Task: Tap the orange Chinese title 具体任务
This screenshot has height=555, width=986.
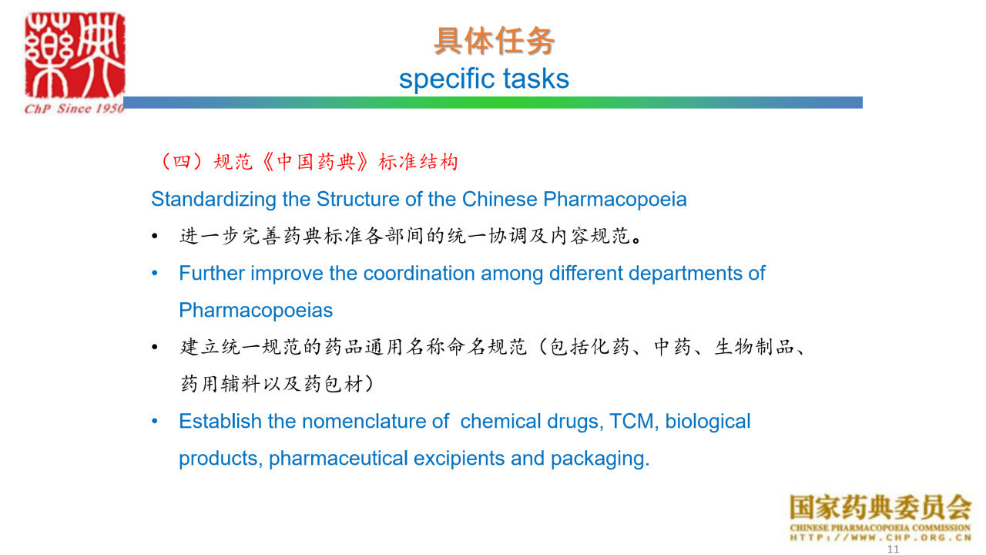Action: (x=494, y=41)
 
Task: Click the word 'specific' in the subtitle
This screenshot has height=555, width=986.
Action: (x=448, y=79)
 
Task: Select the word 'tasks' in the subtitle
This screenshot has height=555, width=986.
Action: (x=536, y=79)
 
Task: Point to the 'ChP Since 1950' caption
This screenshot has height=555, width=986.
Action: (x=74, y=109)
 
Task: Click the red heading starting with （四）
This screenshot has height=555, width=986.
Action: (x=310, y=162)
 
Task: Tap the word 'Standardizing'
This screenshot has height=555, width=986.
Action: (x=214, y=199)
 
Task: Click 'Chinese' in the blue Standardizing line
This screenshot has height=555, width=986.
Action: (x=500, y=199)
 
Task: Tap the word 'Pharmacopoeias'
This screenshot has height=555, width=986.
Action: (x=256, y=310)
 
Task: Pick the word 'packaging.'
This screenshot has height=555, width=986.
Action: (x=600, y=459)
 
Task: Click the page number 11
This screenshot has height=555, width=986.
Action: (x=893, y=549)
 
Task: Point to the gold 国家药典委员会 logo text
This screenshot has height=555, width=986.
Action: (x=880, y=508)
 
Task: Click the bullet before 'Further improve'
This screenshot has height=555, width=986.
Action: (x=155, y=274)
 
